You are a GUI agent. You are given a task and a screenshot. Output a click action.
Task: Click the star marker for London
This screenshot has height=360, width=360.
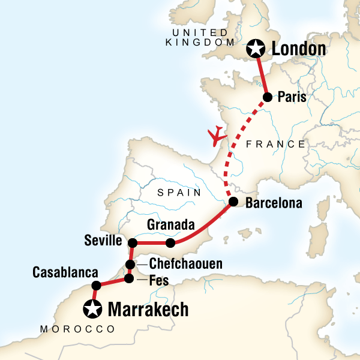click(256, 48)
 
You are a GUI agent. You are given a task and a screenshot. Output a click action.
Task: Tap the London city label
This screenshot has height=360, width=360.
click(299, 49)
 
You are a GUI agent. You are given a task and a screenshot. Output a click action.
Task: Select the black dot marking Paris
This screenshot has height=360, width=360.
click(268, 97)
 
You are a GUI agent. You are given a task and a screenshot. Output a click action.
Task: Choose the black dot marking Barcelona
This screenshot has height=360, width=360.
click(233, 203)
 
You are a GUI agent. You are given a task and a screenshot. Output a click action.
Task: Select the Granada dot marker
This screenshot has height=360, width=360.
click(170, 243)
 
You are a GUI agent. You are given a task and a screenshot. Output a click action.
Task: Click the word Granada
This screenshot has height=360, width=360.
click(171, 226)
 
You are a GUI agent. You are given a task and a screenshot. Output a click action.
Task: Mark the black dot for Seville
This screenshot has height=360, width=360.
click(133, 243)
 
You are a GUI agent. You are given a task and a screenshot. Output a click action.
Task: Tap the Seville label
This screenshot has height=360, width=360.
click(104, 241)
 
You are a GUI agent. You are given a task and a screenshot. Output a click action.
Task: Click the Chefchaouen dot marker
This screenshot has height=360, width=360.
click(130, 265)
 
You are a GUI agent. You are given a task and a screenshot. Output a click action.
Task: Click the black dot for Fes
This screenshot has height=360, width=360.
click(128, 278)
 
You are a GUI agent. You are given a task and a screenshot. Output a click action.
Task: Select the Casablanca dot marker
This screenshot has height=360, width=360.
click(95, 286)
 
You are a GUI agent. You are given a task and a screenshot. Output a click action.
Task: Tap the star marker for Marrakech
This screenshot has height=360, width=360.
click(93, 309)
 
